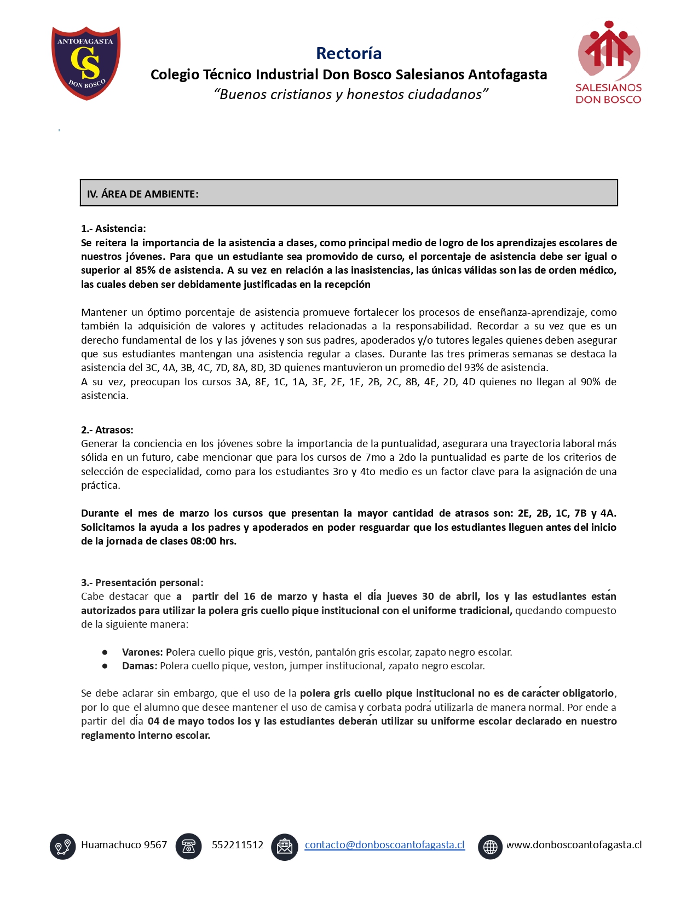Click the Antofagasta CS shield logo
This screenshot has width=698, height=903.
point(86,62)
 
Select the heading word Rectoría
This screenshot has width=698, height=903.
point(349,53)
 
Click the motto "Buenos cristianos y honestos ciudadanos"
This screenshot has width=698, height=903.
point(350,94)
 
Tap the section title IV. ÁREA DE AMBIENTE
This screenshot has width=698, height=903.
point(142,194)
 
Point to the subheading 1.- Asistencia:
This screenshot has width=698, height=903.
point(113,228)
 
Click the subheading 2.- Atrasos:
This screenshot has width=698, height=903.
point(107,430)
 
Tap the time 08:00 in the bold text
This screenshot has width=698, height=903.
point(203,541)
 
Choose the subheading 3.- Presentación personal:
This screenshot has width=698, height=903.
point(142,582)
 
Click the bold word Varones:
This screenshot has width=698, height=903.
point(142,652)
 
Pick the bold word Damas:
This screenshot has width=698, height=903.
point(140,665)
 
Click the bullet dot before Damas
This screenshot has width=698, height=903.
point(105,666)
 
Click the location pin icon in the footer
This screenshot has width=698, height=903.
point(63,846)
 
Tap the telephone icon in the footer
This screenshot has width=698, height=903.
point(188,846)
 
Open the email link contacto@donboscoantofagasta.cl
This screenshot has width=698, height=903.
point(384,844)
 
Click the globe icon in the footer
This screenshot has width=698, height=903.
point(490,846)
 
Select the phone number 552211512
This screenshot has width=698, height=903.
point(238,844)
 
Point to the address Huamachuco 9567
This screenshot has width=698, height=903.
point(124,844)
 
